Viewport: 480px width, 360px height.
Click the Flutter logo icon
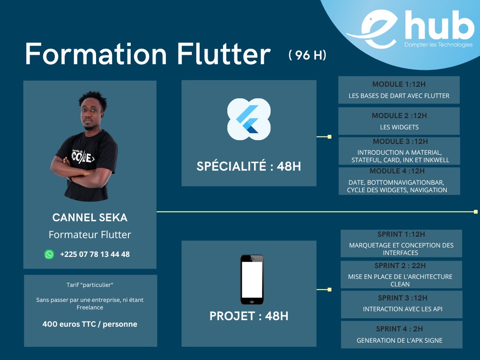point(248,119)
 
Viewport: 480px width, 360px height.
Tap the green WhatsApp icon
point(49,254)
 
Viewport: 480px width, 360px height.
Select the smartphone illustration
point(252,279)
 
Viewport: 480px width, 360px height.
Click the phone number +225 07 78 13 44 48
point(95,254)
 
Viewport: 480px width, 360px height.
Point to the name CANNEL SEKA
point(90,217)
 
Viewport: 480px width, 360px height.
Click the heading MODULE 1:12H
point(399,84)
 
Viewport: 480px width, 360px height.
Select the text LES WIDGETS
point(399,127)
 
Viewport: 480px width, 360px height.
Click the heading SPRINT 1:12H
point(401,234)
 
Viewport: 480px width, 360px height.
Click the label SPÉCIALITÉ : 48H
point(249,166)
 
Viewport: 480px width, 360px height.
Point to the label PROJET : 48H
point(249,316)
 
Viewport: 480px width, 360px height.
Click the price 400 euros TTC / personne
point(90,324)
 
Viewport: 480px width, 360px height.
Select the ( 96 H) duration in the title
point(307,55)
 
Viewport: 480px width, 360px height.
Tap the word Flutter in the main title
point(224,54)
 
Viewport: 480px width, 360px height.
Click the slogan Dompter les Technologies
point(438,45)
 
